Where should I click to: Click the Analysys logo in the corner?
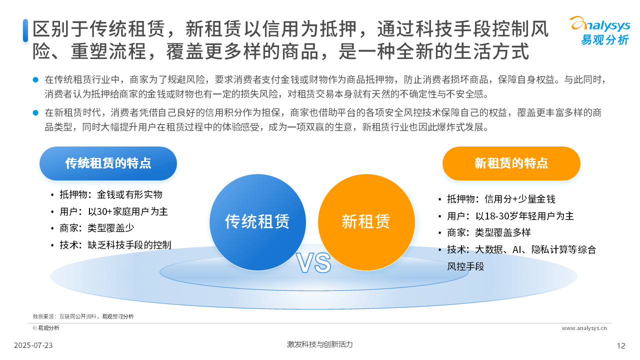[x=599, y=30]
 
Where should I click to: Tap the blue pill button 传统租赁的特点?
[x=108, y=163]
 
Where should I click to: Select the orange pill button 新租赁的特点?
[x=511, y=163]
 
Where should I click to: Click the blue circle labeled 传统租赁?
[x=257, y=222]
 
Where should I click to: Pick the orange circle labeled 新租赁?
[x=366, y=222]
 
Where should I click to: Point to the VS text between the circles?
[x=313, y=263]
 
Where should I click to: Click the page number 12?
[x=621, y=346]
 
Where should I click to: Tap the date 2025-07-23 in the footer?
[x=33, y=345]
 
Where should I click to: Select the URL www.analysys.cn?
[x=584, y=328]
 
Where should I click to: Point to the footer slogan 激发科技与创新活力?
[x=319, y=344]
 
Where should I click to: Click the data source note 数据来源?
[x=83, y=316]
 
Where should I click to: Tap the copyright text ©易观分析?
[x=46, y=328]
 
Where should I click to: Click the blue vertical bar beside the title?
[x=25, y=30]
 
